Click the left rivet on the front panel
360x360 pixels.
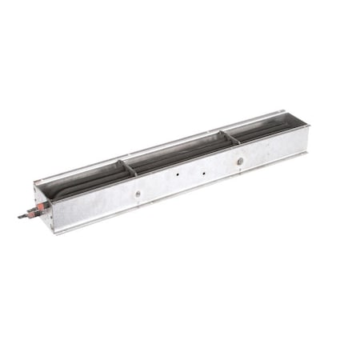[138, 193]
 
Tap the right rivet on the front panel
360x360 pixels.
[239, 162]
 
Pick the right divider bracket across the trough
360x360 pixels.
[230, 137]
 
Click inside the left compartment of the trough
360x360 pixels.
[84, 182]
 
